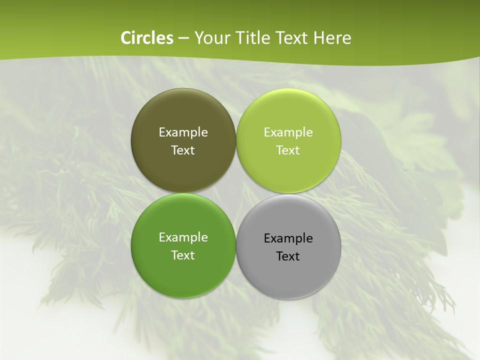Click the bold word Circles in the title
coord(146,38)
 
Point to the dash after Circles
coord(183,38)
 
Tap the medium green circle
coord(183,270)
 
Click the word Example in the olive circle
coord(183,132)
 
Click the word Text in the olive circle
coord(183,150)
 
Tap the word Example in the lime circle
coord(288,132)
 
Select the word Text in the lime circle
coord(288,150)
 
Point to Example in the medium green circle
coord(183,237)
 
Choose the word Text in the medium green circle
coord(183,255)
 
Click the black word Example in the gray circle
coord(288,238)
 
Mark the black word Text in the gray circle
coord(288,256)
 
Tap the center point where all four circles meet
coord(236,193)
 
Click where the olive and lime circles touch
coord(236,140)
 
